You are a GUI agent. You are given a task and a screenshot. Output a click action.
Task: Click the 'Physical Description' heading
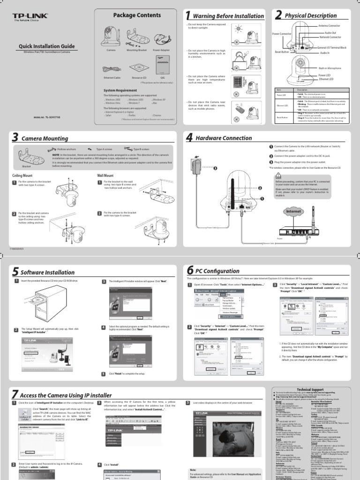[x=311, y=16]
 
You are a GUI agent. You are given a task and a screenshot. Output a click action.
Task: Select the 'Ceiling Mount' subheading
[x=23, y=175]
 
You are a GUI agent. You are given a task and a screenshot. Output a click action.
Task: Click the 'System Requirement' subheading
[x=120, y=90]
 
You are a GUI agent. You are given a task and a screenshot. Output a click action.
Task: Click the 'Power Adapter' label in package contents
[x=162, y=49]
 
